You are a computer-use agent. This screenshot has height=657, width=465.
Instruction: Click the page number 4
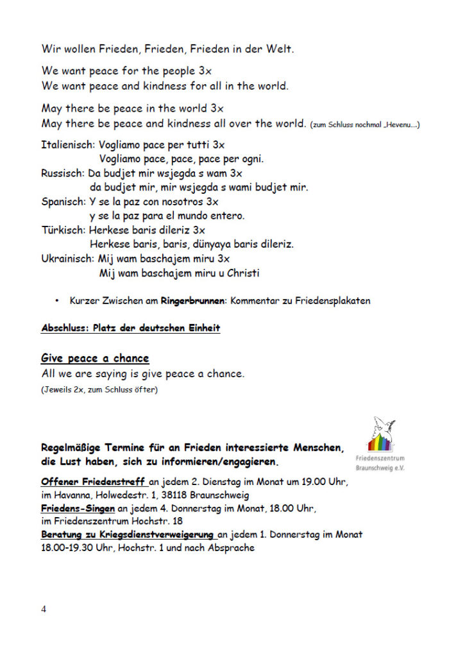click(44, 609)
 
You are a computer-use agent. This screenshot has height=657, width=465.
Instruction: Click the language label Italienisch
click(67, 145)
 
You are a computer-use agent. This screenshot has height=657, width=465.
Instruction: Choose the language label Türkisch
click(63, 230)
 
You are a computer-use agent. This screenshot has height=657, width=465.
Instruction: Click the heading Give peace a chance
click(95, 358)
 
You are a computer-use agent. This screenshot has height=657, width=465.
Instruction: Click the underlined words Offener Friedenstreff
click(94, 481)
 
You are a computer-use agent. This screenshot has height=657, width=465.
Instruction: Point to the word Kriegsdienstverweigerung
click(164, 534)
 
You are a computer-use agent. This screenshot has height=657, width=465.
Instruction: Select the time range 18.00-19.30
click(70, 548)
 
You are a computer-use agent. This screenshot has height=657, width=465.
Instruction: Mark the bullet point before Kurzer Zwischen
click(57, 300)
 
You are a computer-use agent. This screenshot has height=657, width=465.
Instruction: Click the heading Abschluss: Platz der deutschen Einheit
click(130, 328)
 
